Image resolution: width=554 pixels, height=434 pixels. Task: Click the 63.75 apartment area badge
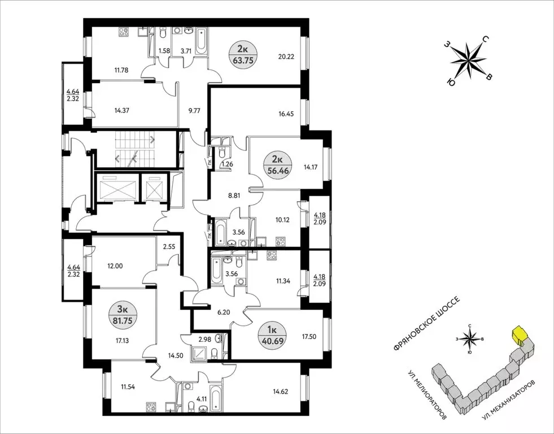[x=243, y=55]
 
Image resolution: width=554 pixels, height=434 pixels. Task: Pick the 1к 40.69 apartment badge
[x=272, y=336]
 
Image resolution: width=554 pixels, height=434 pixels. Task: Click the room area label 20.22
[x=286, y=57]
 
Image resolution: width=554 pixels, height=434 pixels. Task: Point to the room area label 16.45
[x=286, y=114]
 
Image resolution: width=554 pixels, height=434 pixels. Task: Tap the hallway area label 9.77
[x=194, y=111]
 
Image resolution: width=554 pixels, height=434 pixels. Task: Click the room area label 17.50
[x=308, y=336]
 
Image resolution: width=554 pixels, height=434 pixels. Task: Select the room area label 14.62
[x=281, y=392]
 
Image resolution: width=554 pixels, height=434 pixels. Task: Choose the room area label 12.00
[x=115, y=266]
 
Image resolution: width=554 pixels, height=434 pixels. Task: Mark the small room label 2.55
[x=169, y=248]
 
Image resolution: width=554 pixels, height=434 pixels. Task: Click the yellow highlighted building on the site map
[x=518, y=336]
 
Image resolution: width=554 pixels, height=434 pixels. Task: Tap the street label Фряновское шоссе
[x=426, y=324]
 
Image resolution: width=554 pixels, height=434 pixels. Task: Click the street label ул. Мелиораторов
[x=428, y=395]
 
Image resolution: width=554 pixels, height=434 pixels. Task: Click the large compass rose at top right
[x=469, y=62]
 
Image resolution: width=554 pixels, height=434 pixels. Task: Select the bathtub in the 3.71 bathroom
[x=202, y=41]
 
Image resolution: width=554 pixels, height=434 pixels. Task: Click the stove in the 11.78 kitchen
[x=124, y=32]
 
